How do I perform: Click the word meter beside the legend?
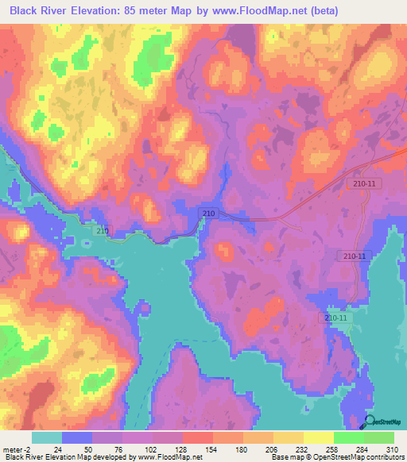coord(12,449)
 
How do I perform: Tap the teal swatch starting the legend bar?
coord(47,437)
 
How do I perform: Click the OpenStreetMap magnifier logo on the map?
coord(368,421)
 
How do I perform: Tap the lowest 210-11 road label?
coord(336,318)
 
